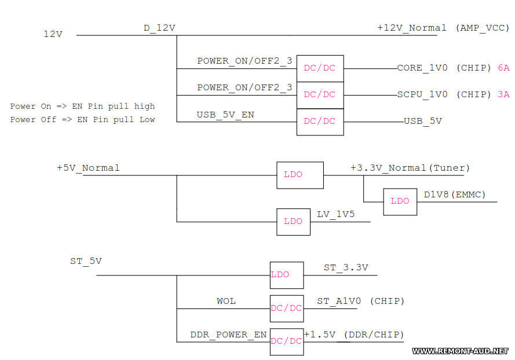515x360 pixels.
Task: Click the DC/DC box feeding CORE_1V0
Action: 320,68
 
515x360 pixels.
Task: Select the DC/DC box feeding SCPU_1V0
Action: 320,95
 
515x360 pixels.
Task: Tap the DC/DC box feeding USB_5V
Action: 320,122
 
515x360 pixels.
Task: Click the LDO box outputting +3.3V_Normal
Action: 299,174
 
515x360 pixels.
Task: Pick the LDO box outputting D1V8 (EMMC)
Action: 400,201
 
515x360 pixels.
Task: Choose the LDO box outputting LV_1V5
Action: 293,221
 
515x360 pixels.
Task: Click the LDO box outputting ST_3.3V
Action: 286,274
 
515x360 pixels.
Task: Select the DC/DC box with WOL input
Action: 286,308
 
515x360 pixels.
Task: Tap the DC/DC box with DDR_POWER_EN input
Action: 286,341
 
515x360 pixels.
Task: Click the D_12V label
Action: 159,28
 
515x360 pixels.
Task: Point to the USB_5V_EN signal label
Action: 225,115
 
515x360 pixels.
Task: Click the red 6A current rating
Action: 503,68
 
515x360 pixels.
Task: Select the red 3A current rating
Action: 503,94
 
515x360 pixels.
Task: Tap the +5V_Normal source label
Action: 88,168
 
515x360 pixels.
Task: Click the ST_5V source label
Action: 86,261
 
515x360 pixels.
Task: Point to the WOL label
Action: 226,301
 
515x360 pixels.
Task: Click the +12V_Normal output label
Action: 412,28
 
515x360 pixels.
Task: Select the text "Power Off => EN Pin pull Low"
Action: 83,119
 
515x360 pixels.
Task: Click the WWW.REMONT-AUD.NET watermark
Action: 460,351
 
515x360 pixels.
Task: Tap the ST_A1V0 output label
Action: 339,301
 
